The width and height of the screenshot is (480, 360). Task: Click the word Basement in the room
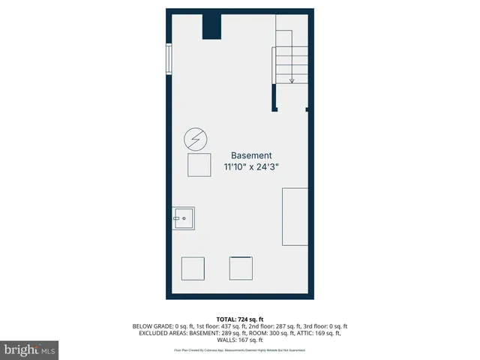click(251, 155)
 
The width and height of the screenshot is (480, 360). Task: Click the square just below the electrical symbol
click(199, 164)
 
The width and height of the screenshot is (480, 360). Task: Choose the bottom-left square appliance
click(193, 268)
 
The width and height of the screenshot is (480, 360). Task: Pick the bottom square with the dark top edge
click(241, 268)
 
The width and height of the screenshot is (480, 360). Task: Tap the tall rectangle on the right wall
click(295, 217)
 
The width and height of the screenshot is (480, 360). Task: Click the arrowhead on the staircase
click(292, 79)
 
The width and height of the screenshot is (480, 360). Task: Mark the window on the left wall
click(169, 59)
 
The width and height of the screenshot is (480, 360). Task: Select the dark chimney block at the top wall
click(212, 26)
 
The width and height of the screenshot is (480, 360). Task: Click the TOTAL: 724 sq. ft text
click(240, 319)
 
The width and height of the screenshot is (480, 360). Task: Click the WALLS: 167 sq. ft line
click(240, 340)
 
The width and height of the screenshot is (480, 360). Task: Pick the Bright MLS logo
click(29, 349)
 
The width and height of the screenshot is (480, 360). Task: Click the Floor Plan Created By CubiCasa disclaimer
click(240, 350)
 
